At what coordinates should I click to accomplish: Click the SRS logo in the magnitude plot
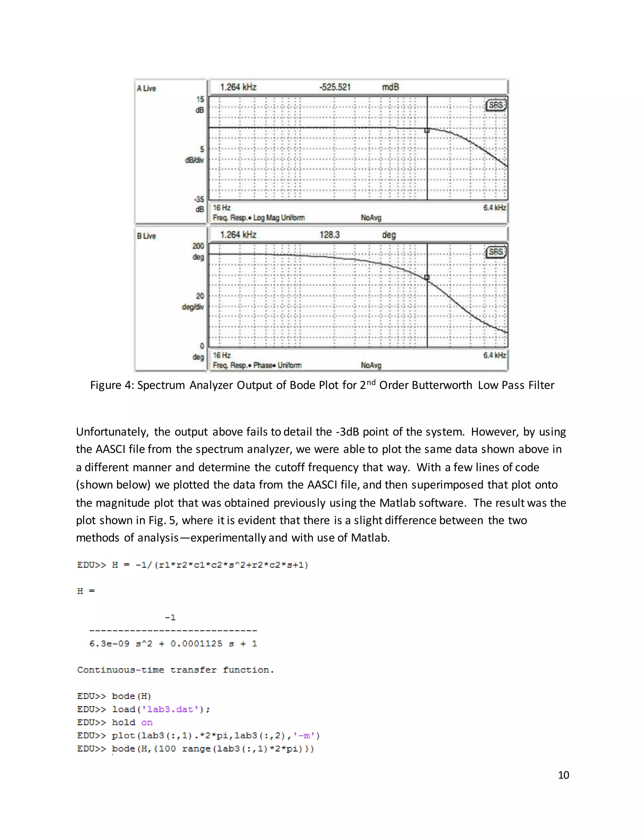click(496, 105)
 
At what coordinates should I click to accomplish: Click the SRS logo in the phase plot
click(496, 252)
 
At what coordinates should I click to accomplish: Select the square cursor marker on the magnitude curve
click(427, 130)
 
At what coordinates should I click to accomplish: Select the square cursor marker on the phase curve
click(427, 277)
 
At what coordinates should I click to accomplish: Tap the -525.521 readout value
click(335, 87)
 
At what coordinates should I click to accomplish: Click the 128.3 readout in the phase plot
click(329, 234)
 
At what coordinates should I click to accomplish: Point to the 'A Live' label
click(146, 88)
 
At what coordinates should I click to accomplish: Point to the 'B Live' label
click(146, 236)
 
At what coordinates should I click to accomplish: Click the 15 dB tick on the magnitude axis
click(200, 99)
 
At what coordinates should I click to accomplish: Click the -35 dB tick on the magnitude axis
click(199, 199)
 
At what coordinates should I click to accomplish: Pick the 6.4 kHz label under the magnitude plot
click(494, 208)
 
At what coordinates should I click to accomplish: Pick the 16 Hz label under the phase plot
click(222, 355)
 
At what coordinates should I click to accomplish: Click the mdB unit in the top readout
click(390, 87)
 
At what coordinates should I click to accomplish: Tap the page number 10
click(563, 775)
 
